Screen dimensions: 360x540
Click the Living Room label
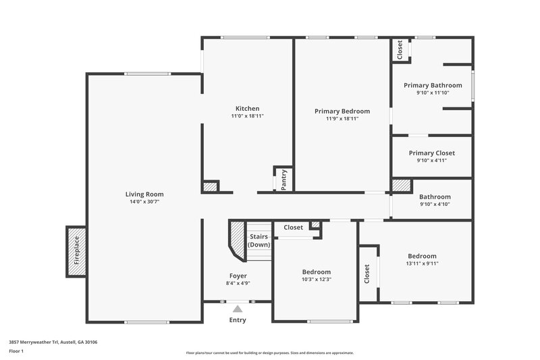[x=144, y=195]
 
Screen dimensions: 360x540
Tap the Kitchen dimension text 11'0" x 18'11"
[x=247, y=116]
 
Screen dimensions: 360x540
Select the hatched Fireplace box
[x=76, y=251]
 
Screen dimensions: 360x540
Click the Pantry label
[x=283, y=180]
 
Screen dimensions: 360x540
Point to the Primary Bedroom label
[x=342, y=111]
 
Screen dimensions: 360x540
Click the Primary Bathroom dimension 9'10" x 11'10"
[x=433, y=93]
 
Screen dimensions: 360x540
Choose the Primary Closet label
[x=432, y=153]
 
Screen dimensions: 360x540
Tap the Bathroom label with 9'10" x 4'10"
[x=435, y=197]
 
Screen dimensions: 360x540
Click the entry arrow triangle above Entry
[x=237, y=308]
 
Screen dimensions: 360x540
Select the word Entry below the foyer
[x=238, y=320]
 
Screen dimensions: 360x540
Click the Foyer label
[x=238, y=276]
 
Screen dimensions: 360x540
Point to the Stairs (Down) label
[x=259, y=240]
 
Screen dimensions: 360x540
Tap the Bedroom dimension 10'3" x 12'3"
[x=317, y=280]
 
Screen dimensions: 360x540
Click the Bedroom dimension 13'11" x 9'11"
[x=422, y=264]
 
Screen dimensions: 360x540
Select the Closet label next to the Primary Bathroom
[x=400, y=50]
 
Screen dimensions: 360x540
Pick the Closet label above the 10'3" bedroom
[x=293, y=228]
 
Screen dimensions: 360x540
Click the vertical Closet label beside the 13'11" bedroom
[x=367, y=273]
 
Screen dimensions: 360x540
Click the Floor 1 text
[x=16, y=351]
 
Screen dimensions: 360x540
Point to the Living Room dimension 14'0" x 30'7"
[x=144, y=203]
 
